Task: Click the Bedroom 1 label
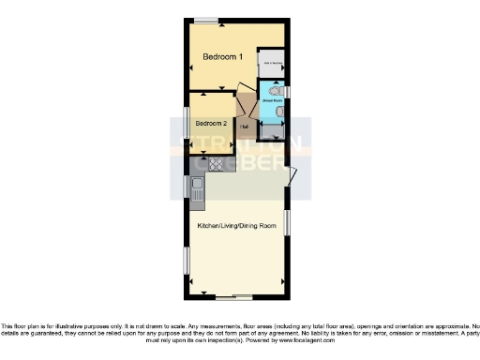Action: tap(223, 58)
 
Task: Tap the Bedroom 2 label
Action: tap(210, 123)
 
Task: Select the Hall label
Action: tap(244, 127)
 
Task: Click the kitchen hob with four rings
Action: tap(217, 166)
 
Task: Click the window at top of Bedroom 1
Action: tap(207, 19)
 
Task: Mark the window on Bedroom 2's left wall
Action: tap(185, 123)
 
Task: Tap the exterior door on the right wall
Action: tap(292, 175)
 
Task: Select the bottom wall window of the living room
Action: tap(242, 297)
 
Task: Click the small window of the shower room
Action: tap(288, 91)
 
